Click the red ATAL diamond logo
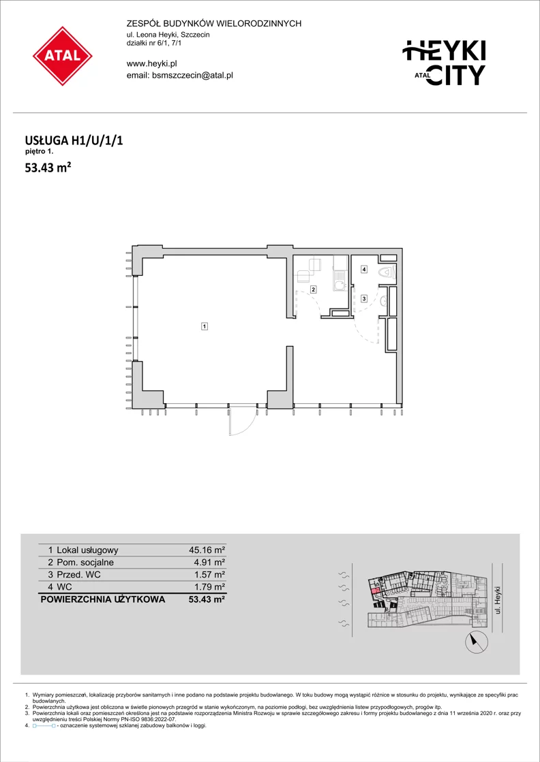(63, 56)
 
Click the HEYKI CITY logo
(446, 63)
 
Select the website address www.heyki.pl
(151, 63)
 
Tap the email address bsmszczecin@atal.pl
(179, 76)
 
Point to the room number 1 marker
(205, 327)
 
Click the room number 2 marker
(314, 290)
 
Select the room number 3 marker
(363, 298)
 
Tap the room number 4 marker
(363, 269)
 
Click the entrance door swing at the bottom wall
(242, 421)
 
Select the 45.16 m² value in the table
(207, 550)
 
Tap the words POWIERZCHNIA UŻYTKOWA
(103, 599)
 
